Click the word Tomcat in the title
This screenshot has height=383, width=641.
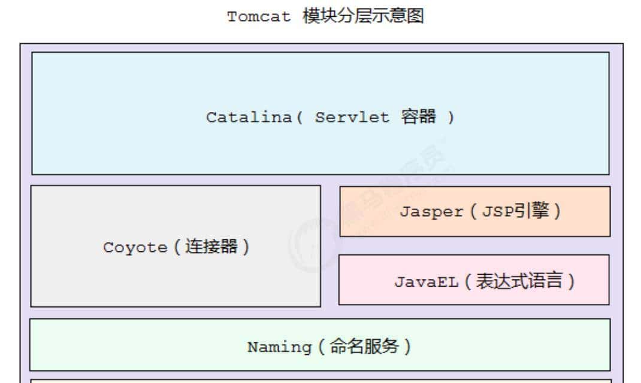point(259,17)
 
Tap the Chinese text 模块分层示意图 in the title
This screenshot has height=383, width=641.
point(363,16)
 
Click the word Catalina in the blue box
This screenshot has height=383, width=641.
point(249,117)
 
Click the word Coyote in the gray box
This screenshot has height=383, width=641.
point(135,247)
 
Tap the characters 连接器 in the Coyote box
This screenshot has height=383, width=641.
point(211,247)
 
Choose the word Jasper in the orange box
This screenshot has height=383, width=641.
point(431,212)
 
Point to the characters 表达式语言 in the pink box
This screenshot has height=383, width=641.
point(519,281)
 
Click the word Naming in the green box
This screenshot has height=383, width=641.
point(279,347)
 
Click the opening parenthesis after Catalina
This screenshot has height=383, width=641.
point(299,117)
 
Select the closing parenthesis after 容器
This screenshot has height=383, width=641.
point(450,117)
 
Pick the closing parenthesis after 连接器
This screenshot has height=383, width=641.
point(245,247)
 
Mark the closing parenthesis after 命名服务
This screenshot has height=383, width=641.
point(407,347)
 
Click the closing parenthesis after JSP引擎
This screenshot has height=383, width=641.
point(558,212)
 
